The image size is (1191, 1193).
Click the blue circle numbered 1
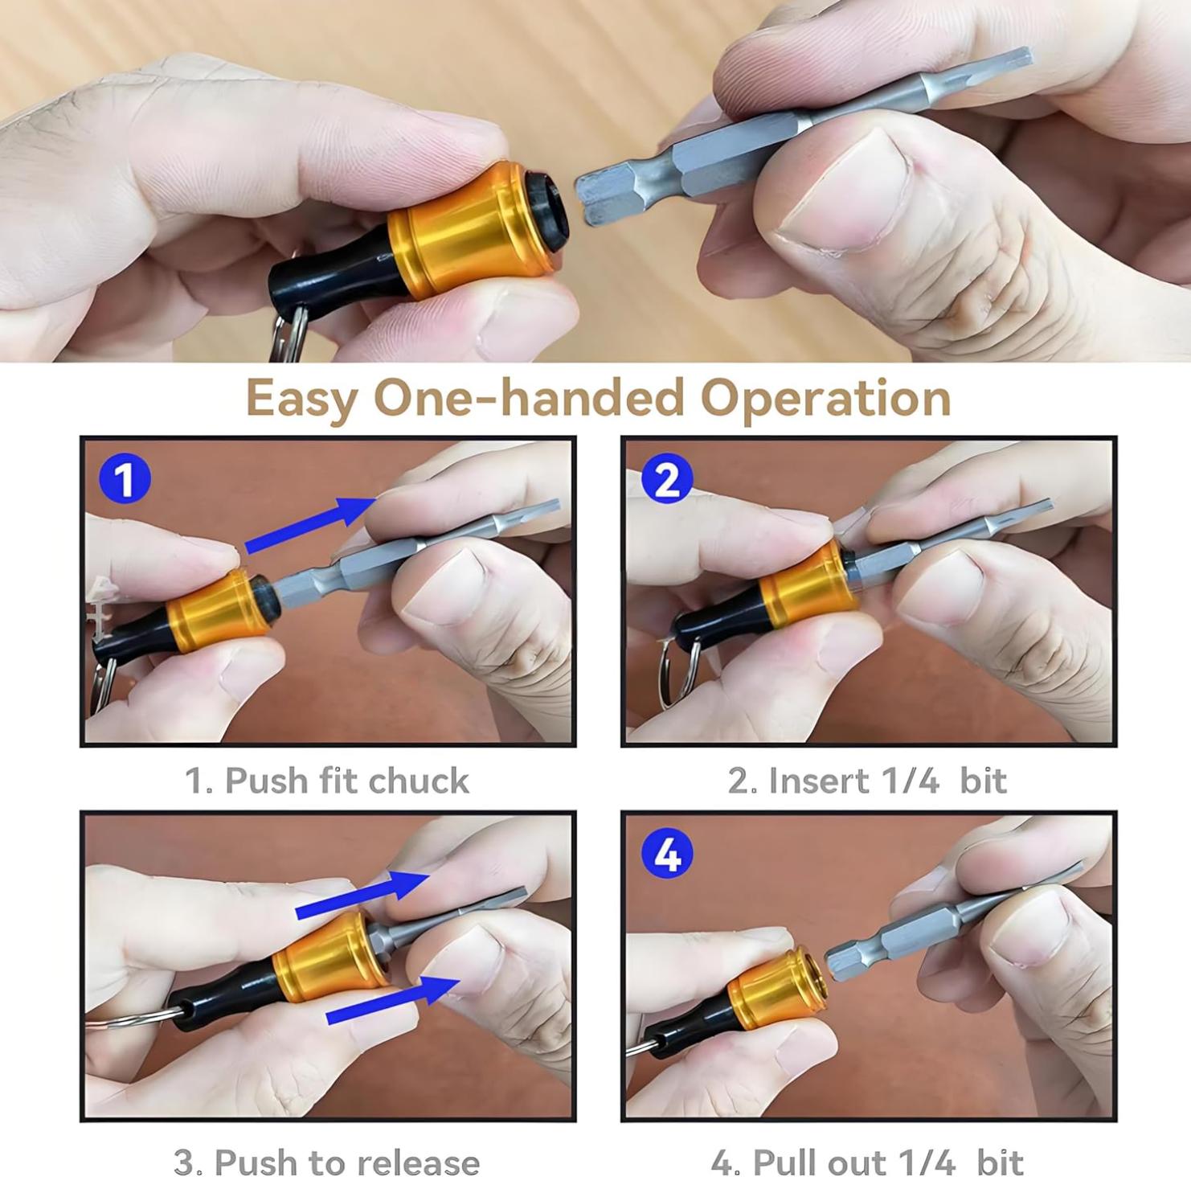tap(125, 480)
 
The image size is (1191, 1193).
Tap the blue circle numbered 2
tap(667, 480)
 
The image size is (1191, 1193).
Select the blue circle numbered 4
tap(667, 854)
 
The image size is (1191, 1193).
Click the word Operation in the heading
tap(825, 399)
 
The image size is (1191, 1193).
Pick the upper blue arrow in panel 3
tap(362, 895)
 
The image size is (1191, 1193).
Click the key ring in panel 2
tap(673, 675)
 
